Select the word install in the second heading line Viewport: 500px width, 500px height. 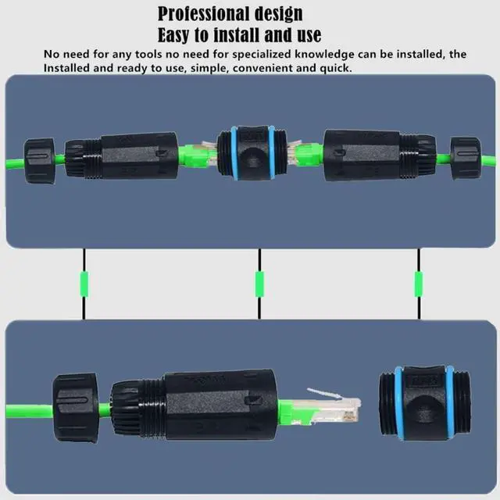[x=237, y=34]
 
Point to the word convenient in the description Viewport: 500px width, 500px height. [x=262, y=68]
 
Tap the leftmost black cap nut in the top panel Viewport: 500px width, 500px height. [x=40, y=160]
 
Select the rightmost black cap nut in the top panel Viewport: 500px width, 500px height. [x=466, y=158]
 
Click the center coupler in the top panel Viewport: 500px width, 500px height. [x=252, y=153]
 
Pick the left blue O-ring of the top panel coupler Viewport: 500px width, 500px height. [x=234, y=153]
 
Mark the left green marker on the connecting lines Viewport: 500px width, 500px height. [x=84, y=284]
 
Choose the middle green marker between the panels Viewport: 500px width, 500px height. [x=259, y=284]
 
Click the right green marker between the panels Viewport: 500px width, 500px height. [x=419, y=284]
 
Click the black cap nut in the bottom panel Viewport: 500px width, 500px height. [x=76, y=408]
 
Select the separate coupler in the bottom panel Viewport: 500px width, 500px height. [x=425, y=403]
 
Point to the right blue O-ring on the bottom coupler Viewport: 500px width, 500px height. [x=450, y=402]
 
